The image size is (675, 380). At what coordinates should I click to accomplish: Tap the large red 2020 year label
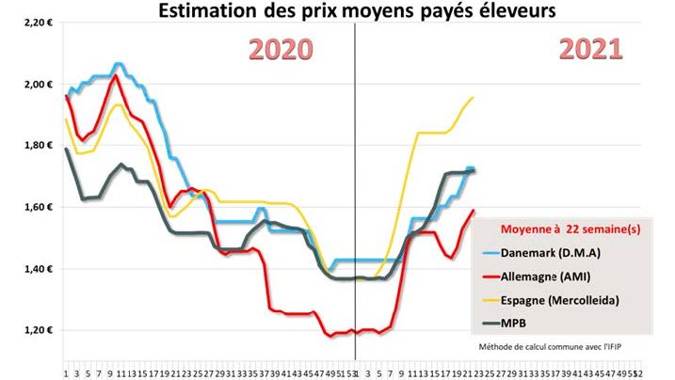pos(281,49)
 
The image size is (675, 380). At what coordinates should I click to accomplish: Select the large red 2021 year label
pos(589,49)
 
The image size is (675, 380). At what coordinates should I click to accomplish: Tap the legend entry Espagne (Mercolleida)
pos(566,301)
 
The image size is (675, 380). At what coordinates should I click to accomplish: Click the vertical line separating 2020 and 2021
pos(355,188)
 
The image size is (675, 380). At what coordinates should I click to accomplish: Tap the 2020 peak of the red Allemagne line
pos(115,75)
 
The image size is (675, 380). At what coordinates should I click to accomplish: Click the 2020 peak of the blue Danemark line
pos(118,64)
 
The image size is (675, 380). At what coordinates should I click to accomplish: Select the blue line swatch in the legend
pos(489,254)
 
